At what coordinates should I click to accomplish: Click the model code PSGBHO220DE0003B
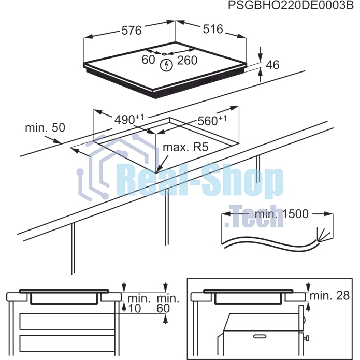pos(291,5)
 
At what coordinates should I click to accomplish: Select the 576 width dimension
pos(132,31)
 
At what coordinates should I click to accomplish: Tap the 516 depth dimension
pos(213,29)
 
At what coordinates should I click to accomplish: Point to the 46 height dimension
pos(272,65)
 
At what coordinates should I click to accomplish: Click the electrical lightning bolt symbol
pos(166,65)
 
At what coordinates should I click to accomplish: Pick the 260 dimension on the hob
pos(187,61)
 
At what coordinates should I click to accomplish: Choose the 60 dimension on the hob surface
pos(148,60)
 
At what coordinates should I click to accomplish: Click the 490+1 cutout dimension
pos(129,119)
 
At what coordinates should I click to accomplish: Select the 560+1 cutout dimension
pos(212,120)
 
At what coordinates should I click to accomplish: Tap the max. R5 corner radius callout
pos(185,147)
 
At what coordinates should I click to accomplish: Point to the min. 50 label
pos(45,127)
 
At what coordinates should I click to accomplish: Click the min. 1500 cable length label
pos(282,214)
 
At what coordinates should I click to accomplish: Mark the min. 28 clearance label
pos(329,295)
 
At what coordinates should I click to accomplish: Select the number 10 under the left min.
pos(134,308)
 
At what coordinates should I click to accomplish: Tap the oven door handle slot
pos(260,336)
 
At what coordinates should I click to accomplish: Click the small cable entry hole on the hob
pos(164,54)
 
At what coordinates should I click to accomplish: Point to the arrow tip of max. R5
pos(156,172)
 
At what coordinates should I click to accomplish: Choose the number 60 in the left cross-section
pos(163,308)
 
